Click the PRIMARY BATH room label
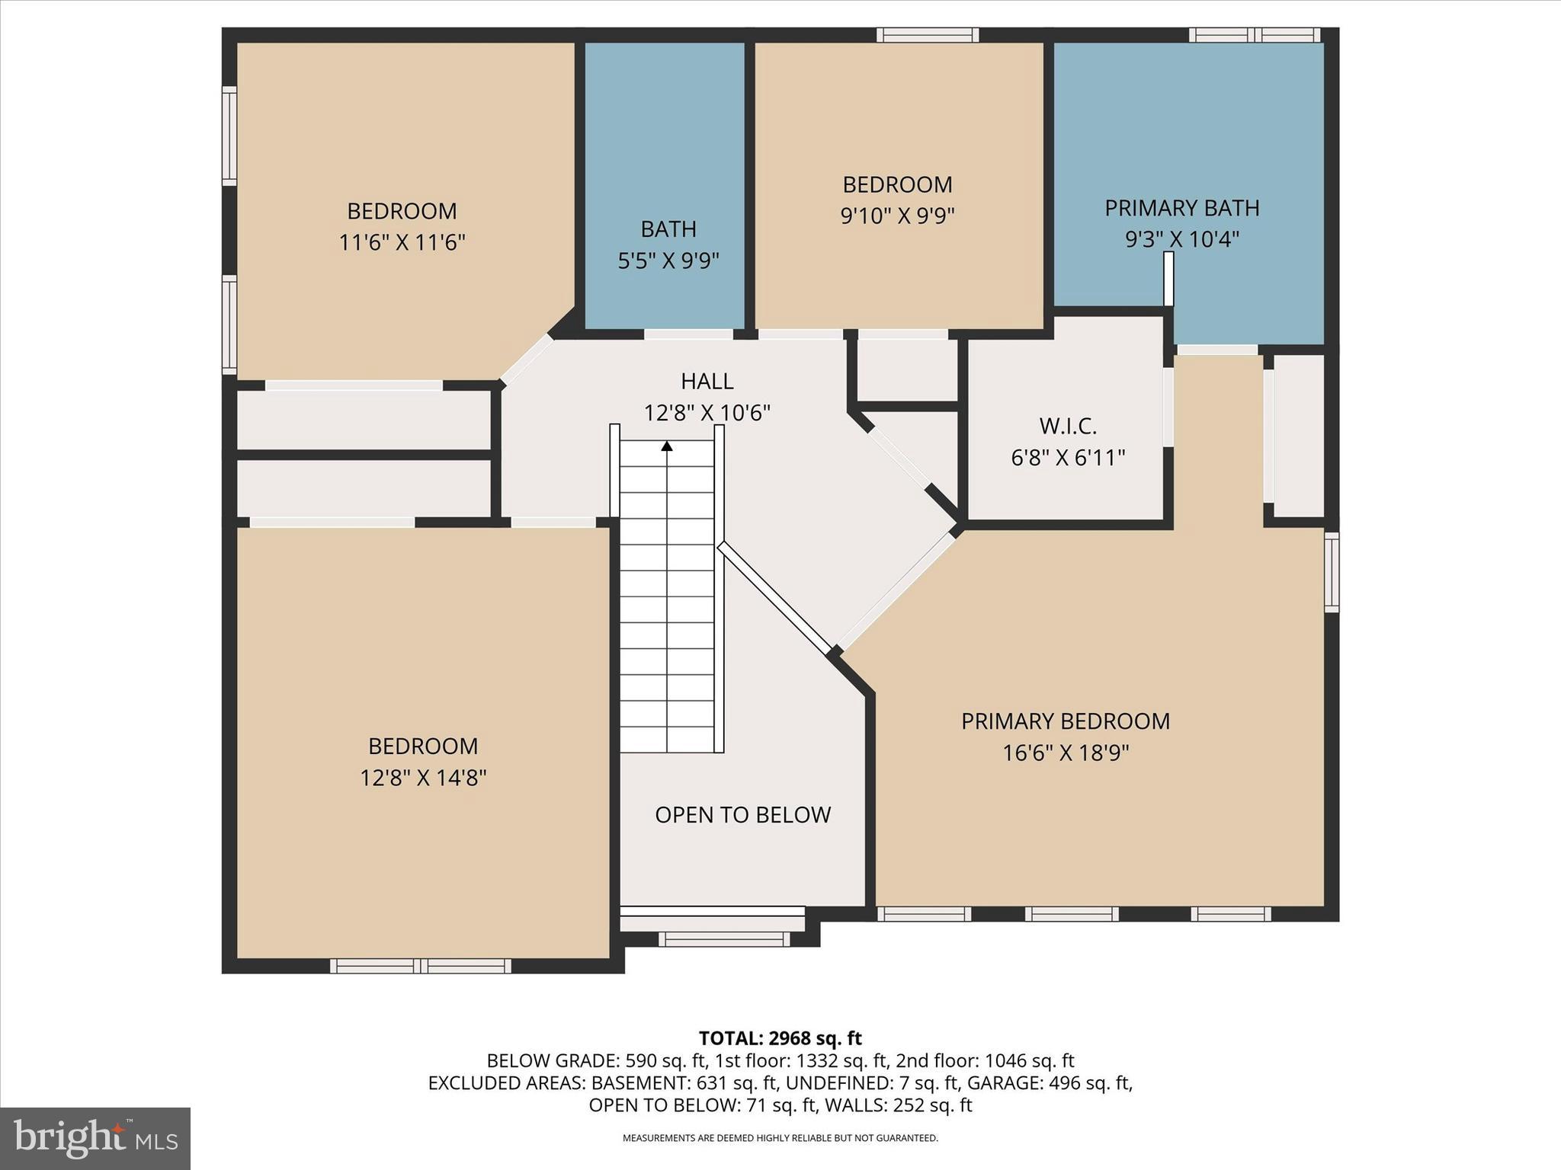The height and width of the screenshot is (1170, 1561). point(1181,208)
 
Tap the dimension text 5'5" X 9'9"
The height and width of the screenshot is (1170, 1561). point(668,261)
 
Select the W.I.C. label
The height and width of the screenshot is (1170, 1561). point(1067,425)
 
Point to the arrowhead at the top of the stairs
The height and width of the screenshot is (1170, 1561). point(667,446)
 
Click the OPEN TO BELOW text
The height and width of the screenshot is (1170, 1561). point(742,815)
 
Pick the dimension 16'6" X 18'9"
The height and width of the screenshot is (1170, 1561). point(1065,753)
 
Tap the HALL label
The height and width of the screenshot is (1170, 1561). point(707,381)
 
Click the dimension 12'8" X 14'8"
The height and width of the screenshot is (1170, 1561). point(423,778)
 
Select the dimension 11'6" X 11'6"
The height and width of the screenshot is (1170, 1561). point(402,243)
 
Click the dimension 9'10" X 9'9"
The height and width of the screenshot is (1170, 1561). point(897,216)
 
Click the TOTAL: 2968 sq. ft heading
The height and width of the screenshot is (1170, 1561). point(780,1038)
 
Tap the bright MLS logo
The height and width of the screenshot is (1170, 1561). point(95,1138)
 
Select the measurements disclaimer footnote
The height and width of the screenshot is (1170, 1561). point(780,1138)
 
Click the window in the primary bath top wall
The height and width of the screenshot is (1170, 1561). point(1254,35)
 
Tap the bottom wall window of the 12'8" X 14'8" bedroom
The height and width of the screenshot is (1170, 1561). point(421,966)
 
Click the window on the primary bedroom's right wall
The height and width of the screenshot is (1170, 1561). point(1331,572)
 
